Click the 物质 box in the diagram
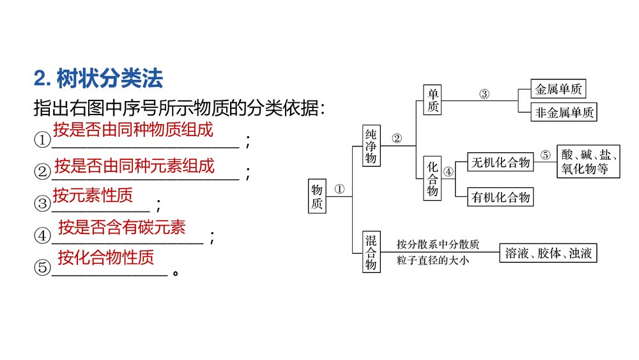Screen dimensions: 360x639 [x=317, y=196]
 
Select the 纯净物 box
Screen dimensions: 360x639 [x=371, y=146]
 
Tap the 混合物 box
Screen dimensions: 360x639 [x=371, y=253]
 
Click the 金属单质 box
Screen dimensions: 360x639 [x=558, y=89]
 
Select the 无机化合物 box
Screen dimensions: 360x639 [x=500, y=162]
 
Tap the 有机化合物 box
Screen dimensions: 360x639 [x=500, y=197]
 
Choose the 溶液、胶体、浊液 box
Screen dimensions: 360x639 [x=548, y=253]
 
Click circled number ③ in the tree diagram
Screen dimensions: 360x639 [x=484, y=94]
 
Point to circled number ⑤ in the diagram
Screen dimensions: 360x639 [x=544, y=155]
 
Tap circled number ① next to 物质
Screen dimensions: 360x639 [x=339, y=189]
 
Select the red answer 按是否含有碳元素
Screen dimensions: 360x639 [x=122, y=226]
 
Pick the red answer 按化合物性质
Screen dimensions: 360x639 [x=105, y=258]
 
